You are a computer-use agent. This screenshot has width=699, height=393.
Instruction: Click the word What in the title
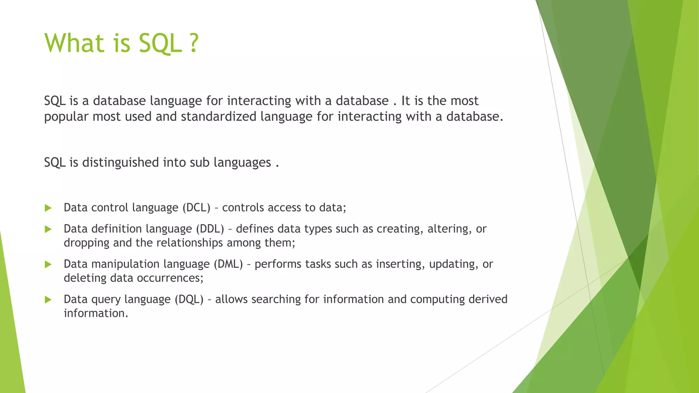(74, 43)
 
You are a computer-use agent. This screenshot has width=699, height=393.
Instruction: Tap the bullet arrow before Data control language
(48, 208)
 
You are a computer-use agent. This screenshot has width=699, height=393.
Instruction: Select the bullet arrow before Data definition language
(48, 229)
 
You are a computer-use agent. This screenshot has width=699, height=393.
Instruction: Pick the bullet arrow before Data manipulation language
(48, 264)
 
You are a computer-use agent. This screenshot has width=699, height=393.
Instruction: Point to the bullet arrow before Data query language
(48, 300)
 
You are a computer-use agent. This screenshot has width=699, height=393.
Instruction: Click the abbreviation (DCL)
(196, 207)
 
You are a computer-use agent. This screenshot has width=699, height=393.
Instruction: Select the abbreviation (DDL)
(210, 229)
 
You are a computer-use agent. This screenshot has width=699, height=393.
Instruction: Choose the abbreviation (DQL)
(189, 299)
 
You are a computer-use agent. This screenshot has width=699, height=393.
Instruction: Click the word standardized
(218, 117)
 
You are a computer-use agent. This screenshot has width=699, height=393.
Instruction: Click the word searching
(276, 299)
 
